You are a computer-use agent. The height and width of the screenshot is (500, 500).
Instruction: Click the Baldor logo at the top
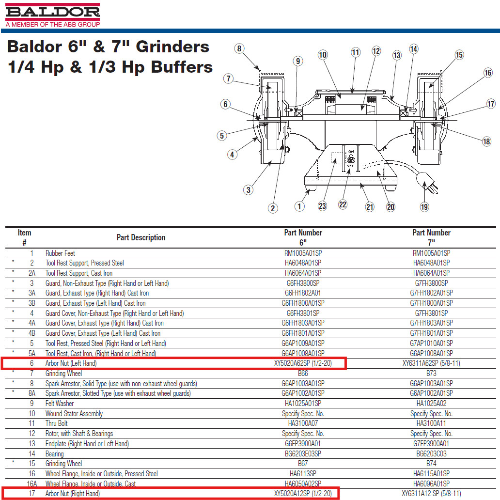[52, 12]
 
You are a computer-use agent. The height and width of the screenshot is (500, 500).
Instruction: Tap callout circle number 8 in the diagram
[239, 48]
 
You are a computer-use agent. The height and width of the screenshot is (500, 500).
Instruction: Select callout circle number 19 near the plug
[424, 207]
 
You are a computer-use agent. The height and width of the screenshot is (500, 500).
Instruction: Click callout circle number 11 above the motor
[356, 52]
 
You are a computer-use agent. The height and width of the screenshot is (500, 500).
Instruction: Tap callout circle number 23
[322, 206]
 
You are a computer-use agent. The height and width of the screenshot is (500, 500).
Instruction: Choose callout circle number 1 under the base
[299, 206]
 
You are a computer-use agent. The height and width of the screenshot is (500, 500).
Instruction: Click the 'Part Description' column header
[141, 237]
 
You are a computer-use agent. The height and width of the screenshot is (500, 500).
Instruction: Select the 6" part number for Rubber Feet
[303, 253]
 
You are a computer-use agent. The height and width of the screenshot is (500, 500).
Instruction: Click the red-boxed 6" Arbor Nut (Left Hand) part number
[303, 363]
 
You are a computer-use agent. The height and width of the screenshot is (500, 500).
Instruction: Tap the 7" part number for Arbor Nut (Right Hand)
[431, 494]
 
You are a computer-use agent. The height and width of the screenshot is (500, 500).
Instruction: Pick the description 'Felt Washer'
[60, 404]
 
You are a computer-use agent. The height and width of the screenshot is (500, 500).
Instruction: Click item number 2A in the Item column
[32, 273]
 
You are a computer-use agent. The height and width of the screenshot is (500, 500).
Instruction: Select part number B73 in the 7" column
[431, 374]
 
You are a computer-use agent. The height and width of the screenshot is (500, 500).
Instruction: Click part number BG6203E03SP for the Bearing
[303, 454]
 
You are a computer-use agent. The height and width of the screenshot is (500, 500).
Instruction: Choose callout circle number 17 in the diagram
[491, 104]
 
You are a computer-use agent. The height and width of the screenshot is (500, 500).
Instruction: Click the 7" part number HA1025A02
[431, 404]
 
